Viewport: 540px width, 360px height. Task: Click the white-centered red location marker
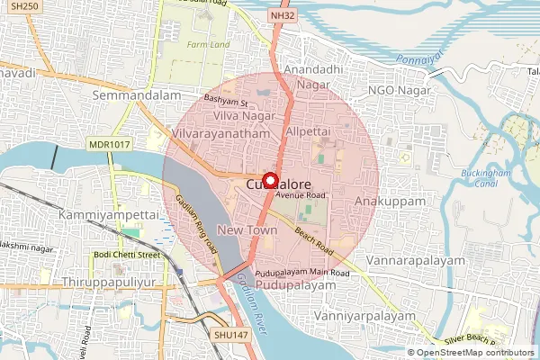(269, 179)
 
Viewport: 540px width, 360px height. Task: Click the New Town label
(247, 231)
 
